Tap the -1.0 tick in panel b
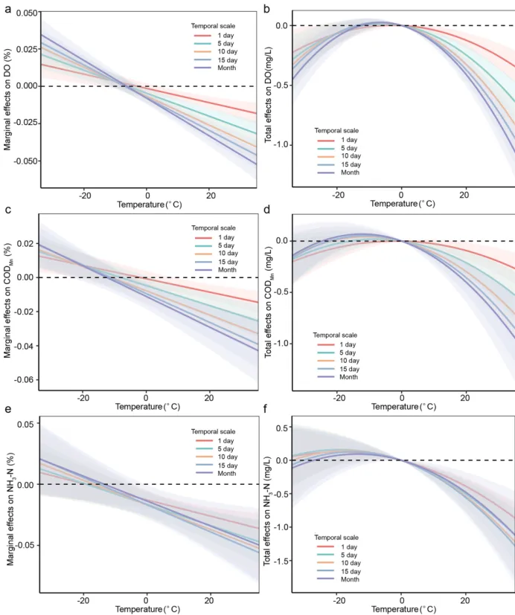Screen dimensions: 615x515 click(277, 144)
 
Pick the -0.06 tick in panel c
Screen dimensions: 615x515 click(23, 380)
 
